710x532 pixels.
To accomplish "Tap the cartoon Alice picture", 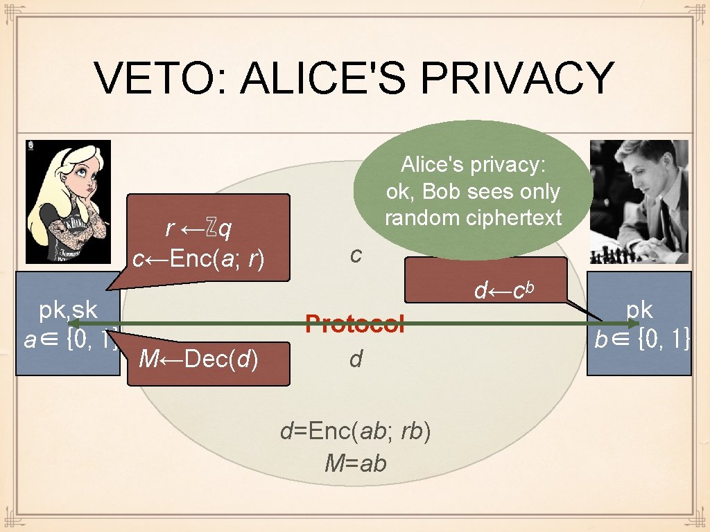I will click(68, 202).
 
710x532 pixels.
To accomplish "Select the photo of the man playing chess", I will click(639, 202).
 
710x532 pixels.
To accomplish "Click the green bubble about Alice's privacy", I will click(474, 190).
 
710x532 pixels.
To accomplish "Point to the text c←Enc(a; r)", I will click(200, 259).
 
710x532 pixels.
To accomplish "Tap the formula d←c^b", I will click(504, 290).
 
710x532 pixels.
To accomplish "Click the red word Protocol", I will click(355, 323).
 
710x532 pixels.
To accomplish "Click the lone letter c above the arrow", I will click(356, 255).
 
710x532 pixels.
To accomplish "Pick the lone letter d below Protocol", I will click(356, 359).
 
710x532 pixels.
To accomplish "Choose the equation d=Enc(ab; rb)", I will click(356, 431).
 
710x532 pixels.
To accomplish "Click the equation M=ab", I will click(356, 463).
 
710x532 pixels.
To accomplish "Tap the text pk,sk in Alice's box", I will click(68, 309).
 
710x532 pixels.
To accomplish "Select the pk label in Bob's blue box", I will click(639, 309).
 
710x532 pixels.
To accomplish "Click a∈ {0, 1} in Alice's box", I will click(68, 339).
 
